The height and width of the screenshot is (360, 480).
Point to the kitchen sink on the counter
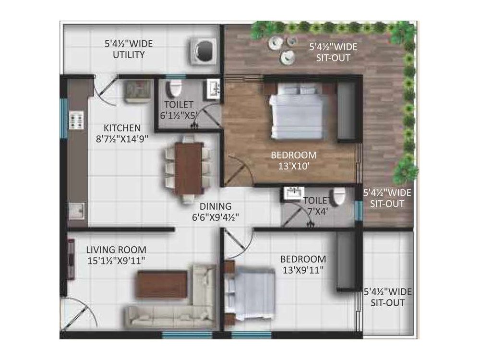click(77, 210)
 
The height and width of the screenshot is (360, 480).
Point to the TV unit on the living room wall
click(71, 259)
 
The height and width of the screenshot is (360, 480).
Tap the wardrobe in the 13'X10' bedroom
click(346, 111)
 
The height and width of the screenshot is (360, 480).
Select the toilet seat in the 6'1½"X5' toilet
click(175, 89)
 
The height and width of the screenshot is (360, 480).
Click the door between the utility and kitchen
click(105, 89)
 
